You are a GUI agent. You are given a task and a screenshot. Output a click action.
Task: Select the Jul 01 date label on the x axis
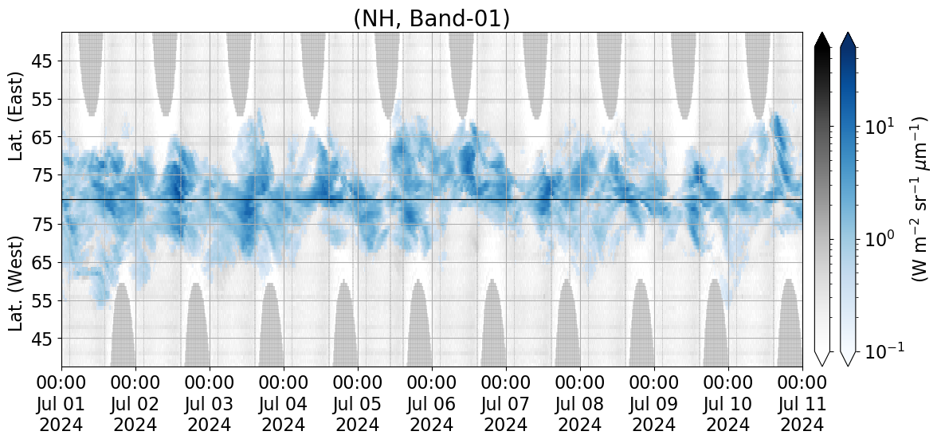coord(62,403)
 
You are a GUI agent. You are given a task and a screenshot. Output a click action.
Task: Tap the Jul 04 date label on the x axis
coord(284,403)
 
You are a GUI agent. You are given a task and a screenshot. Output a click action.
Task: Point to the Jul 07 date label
coord(506,403)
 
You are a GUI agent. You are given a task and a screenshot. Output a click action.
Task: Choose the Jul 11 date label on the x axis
coord(802,403)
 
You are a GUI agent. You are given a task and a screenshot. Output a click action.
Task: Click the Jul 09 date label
coord(654,403)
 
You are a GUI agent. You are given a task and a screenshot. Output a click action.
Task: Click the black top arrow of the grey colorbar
coord(822,40)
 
